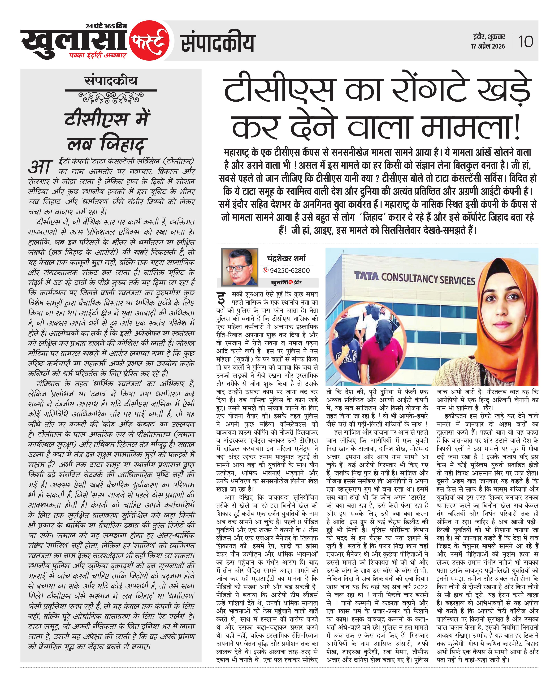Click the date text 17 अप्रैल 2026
488,46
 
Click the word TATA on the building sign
366,276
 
